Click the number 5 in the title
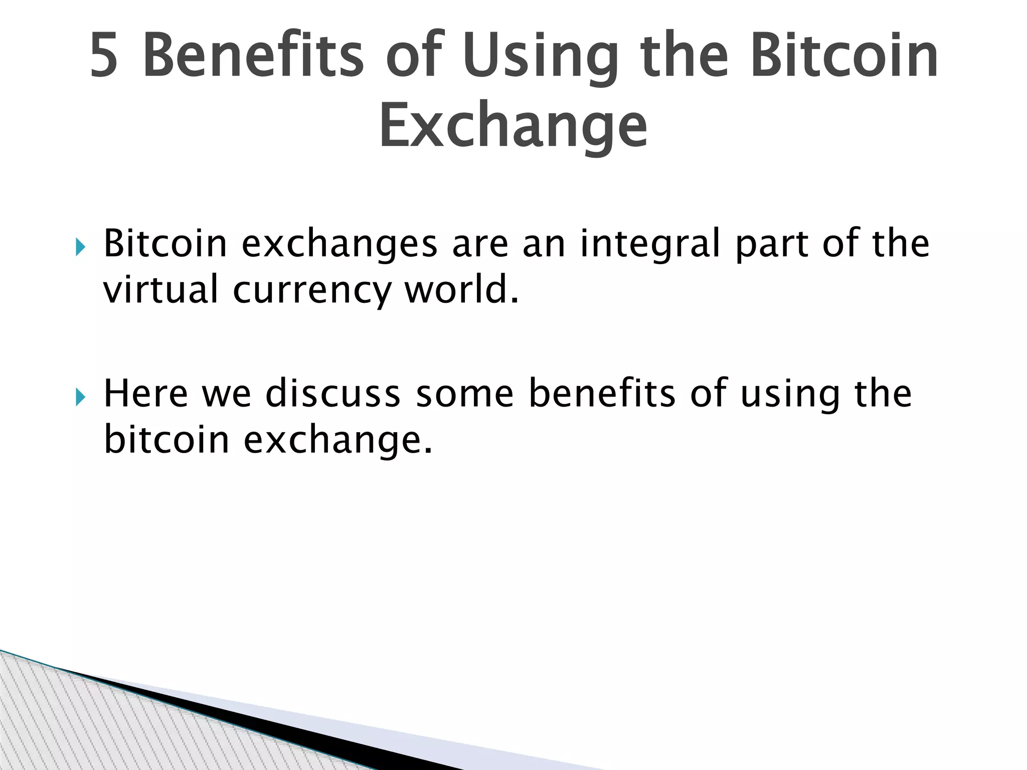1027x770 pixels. pyautogui.click(x=104, y=56)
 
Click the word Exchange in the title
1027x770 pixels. pyautogui.click(x=513, y=126)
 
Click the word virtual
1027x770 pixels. pyautogui.click(x=161, y=290)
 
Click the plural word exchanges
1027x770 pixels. pyautogui.click(x=339, y=245)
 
